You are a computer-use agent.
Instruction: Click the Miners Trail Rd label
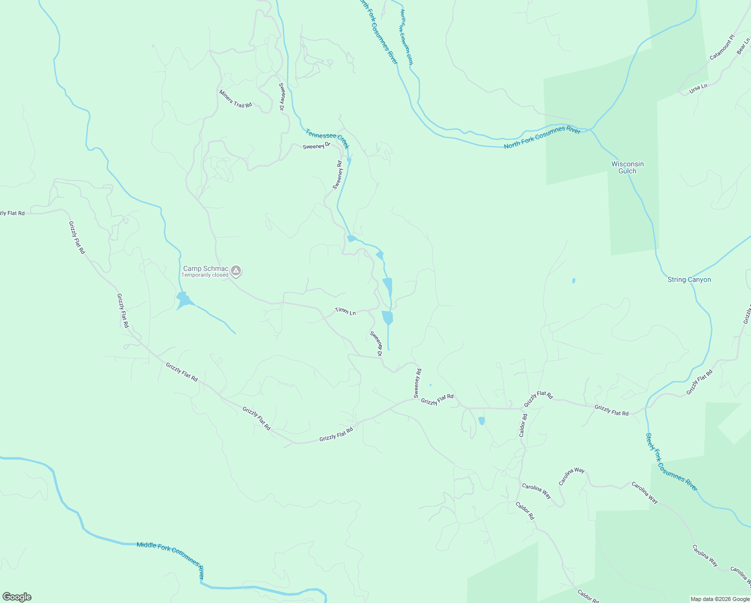coord(235,99)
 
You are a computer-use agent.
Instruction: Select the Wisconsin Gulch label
coord(628,167)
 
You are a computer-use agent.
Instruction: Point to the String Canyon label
coord(689,280)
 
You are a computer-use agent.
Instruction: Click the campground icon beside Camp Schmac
coord(236,271)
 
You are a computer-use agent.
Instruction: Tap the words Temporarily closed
coord(204,275)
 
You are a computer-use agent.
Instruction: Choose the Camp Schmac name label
coord(205,269)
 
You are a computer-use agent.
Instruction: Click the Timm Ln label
coord(345,312)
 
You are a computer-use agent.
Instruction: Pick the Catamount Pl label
coord(722,47)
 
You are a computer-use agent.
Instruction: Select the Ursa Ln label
coord(698,88)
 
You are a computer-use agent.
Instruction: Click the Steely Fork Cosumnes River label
coord(671,462)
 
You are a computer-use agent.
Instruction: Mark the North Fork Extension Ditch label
coord(406,37)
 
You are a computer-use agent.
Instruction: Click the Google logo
coord(17,597)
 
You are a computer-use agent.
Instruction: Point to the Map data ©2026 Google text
coord(719,599)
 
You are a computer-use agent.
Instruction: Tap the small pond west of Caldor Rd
coord(481,421)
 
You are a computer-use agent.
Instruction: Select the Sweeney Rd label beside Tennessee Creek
coord(337,175)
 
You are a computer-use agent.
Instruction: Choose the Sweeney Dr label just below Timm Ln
coord(377,343)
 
